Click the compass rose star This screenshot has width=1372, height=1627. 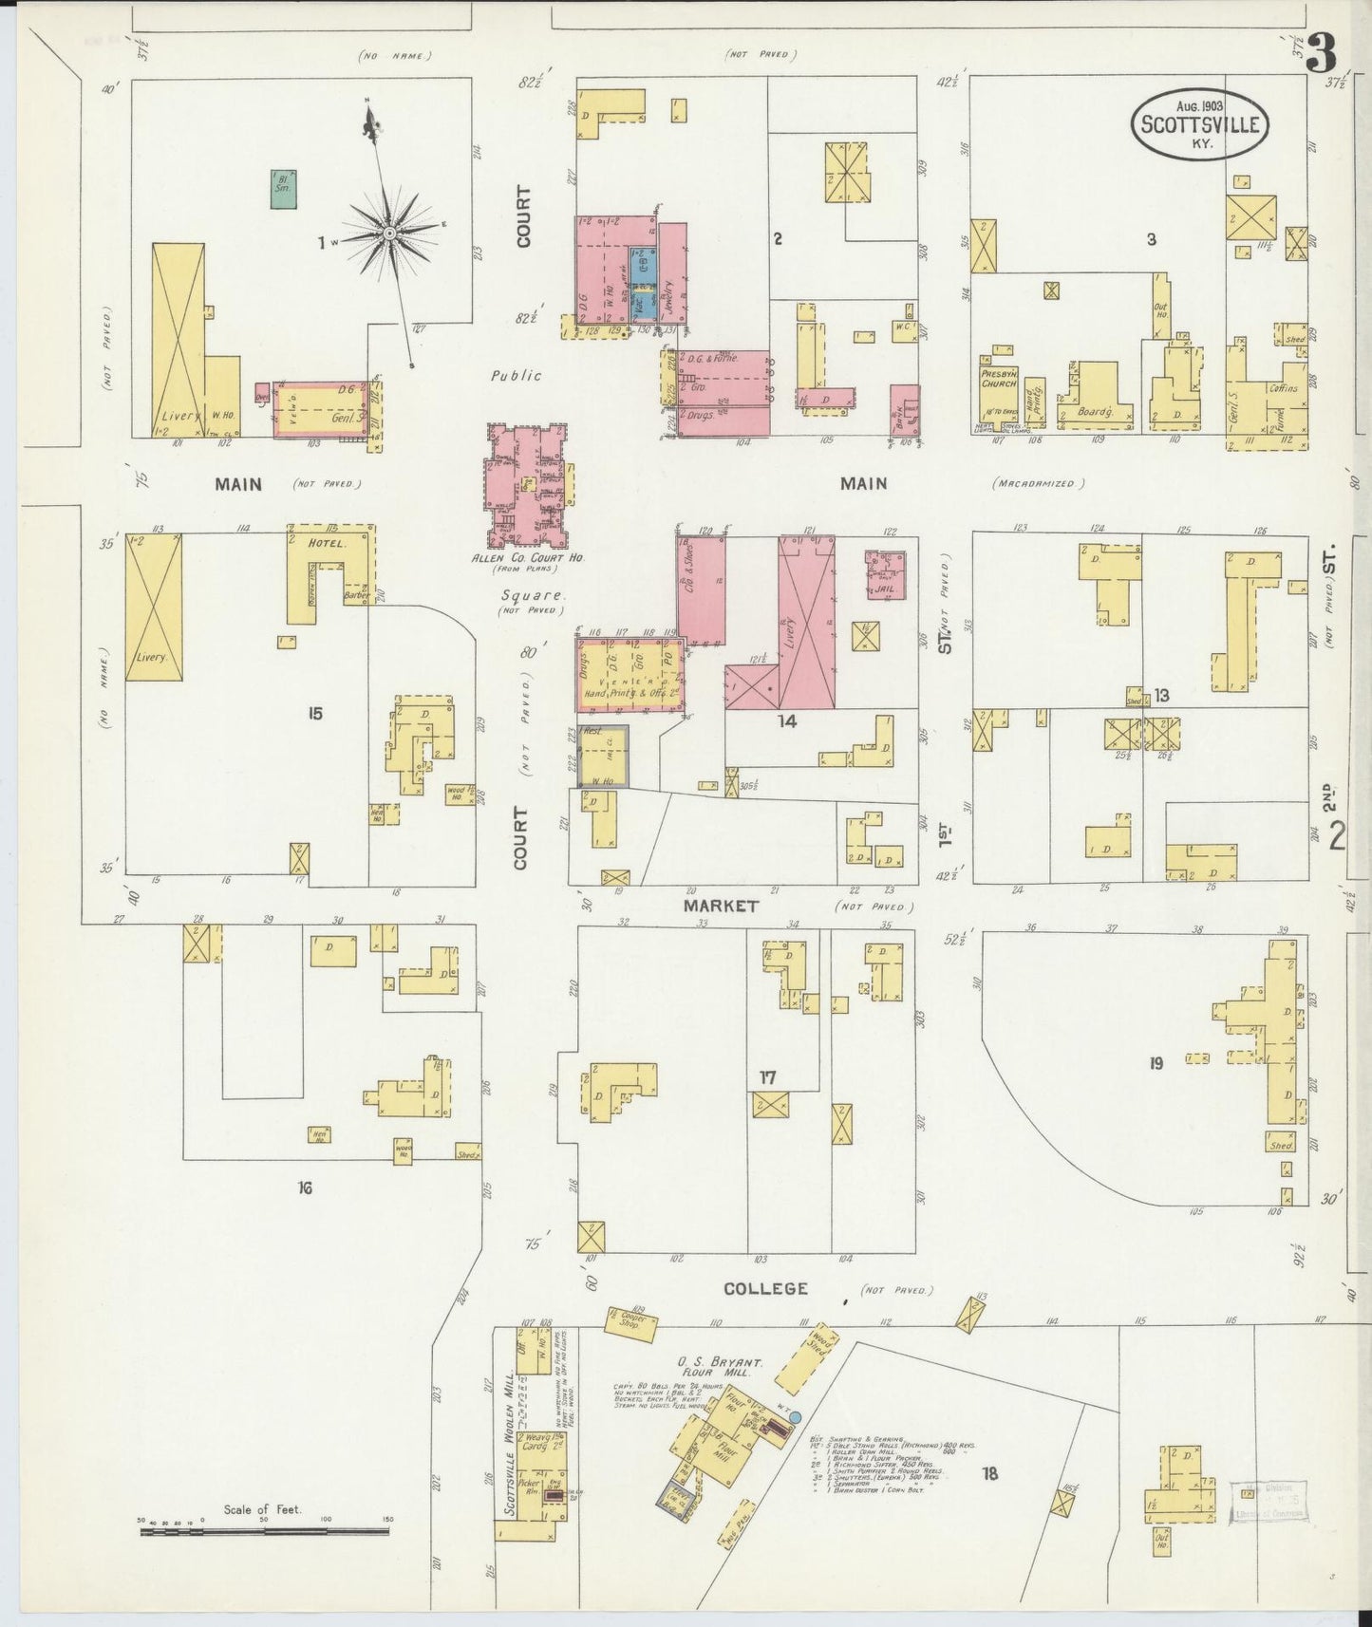click(x=390, y=232)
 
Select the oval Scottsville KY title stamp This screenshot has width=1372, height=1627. click(x=1200, y=124)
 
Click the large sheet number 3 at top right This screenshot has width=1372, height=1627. click(x=1320, y=54)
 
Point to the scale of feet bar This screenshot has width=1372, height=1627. click(x=265, y=1531)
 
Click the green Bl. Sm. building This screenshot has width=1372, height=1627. click(x=283, y=188)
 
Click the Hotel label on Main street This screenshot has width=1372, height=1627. click(x=324, y=544)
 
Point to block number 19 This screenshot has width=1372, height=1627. click(x=1155, y=1063)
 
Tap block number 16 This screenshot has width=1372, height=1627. click(x=304, y=1187)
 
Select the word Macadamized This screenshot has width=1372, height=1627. click(x=1039, y=483)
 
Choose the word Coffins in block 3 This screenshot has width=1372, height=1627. click(x=1282, y=388)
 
